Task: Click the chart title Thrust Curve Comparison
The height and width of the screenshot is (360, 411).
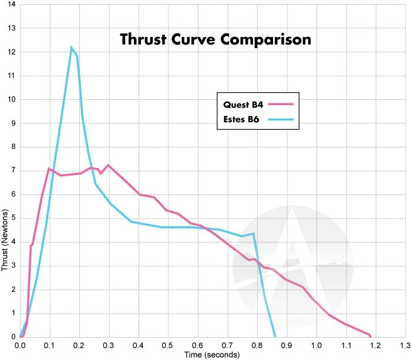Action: click(215, 40)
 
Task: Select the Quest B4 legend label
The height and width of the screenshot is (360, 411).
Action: click(243, 105)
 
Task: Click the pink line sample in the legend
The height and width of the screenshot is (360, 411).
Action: click(281, 105)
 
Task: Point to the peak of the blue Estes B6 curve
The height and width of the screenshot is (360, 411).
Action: click(72, 47)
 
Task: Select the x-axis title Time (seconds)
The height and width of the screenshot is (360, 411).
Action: click(212, 355)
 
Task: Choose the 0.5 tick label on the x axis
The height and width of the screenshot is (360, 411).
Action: click(168, 345)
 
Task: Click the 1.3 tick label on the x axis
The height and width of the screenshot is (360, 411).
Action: click(405, 345)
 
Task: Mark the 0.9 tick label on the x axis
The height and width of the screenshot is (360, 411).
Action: click(287, 345)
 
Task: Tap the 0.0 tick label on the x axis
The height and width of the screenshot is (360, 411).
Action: click(21, 345)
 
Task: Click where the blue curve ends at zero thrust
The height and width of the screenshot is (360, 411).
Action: click(275, 336)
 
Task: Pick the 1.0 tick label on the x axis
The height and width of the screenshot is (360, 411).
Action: click(316, 345)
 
